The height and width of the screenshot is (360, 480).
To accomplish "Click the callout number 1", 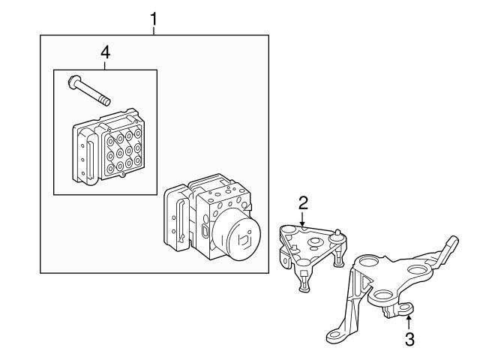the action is [153, 19].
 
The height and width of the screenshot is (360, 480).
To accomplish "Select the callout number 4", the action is [105, 52].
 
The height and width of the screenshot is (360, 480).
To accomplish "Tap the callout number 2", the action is [303, 203].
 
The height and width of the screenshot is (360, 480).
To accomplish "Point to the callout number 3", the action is [409, 340].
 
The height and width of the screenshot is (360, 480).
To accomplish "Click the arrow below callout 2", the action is [302, 220].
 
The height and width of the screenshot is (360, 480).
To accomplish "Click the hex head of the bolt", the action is [73, 82].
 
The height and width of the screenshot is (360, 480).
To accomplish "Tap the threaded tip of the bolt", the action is [105, 101].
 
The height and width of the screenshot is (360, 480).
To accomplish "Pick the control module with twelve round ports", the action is [108, 147].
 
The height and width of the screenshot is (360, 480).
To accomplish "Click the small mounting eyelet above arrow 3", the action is [406, 308].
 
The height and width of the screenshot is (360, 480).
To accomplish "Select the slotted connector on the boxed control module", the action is [90, 159].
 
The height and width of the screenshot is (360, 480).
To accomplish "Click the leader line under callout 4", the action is [105, 65].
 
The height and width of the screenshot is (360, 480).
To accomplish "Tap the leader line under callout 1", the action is [154, 31].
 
